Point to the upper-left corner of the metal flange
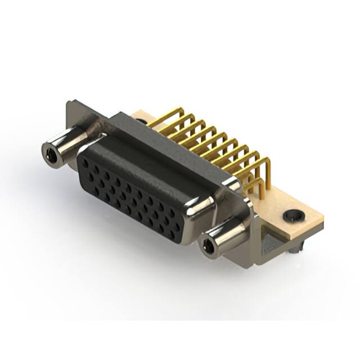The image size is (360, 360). pos(70,103)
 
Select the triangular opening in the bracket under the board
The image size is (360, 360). pos(272,243)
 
